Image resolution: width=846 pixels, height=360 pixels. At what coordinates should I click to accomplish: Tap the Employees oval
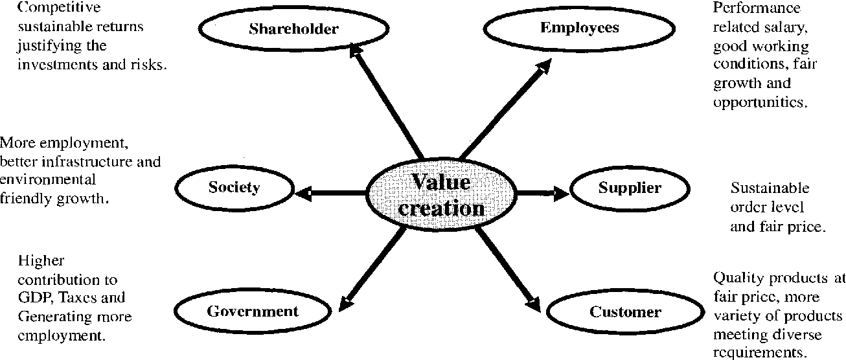(x=579, y=28)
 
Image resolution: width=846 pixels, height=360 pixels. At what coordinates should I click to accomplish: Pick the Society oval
(x=234, y=188)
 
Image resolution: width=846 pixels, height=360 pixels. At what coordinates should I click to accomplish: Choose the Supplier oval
(x=629, y=188)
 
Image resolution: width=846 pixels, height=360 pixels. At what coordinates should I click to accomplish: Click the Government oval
(x=253, y=311)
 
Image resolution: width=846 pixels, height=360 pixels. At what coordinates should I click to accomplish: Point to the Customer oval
(x=624, y=313)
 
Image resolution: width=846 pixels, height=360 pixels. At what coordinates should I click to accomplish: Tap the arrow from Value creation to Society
(x=334, y=192)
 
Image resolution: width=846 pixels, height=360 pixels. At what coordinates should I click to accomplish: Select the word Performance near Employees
(x=757, y=8)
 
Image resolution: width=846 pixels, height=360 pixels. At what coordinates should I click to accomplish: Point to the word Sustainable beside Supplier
(x=770, y=188)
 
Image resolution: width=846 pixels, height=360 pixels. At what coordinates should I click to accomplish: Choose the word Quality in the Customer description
(x=733, y=278)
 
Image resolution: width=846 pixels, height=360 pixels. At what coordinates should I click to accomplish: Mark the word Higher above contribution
(x=41, y=261)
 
